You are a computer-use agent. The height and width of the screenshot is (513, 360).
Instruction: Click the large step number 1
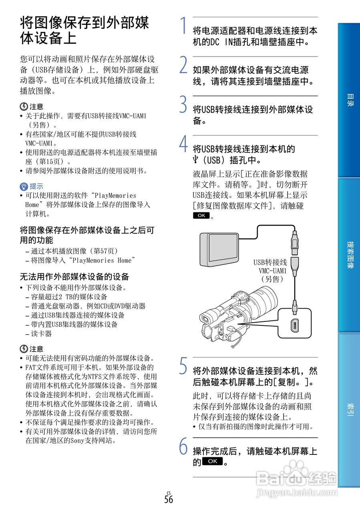183,26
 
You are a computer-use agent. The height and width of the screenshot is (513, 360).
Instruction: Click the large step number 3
183,105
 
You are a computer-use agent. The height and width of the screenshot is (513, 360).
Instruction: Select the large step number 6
183,446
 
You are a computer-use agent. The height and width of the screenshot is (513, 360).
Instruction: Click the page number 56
169,499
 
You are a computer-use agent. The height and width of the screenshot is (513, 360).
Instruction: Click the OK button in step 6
212,461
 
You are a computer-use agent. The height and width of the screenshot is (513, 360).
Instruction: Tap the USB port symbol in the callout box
294,325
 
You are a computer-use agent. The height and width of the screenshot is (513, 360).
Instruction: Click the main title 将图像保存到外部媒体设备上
84,30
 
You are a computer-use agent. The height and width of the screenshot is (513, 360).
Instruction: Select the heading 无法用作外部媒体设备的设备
74,277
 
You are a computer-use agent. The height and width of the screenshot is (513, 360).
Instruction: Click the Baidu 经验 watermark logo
296,477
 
